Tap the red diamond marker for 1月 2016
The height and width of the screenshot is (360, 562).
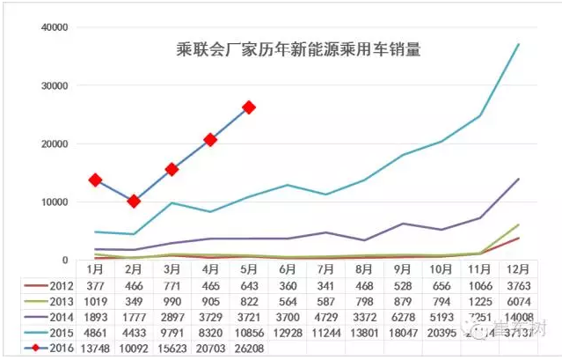[94, 180]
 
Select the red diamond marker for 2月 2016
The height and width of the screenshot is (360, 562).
[133, 202]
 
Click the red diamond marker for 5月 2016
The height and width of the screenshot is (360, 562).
[249, 107]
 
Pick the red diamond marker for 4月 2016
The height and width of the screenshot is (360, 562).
[210, 139]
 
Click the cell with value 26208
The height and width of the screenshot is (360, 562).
[249, 348]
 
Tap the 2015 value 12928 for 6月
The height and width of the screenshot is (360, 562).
[288, 333]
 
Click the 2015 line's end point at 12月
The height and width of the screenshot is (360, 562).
[519, 44]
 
